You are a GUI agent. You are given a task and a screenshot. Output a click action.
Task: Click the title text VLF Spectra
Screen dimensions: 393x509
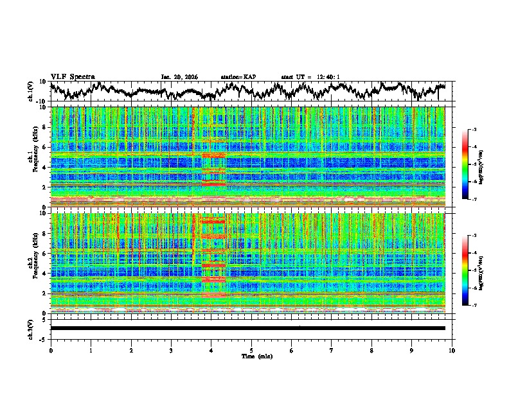[x=73, y=76]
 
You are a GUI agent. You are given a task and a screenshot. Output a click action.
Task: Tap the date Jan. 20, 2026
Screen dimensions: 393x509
[x=179, y=77]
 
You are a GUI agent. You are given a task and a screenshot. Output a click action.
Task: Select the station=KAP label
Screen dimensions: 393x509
[x=238, y=77]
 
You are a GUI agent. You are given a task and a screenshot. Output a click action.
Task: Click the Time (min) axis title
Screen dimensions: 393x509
[x=251, y=356]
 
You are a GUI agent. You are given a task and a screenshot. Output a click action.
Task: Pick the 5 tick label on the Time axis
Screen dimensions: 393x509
[x=251, y=350]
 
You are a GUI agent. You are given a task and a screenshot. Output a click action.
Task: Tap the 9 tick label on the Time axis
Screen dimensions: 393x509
[x=412, y=350]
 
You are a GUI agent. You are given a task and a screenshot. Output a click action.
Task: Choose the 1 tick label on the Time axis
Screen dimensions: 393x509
[x=91, y=350]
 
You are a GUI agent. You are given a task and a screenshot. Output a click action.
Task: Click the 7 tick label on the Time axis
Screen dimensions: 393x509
[x=332, y=350]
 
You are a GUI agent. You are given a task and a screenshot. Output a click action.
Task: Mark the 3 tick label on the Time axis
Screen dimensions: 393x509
[x=171, y=350]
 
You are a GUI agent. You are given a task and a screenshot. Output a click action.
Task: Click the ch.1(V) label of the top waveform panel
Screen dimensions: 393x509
[x=31, y=91]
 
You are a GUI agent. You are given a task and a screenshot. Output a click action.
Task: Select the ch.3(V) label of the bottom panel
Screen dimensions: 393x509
[x=31, y=328]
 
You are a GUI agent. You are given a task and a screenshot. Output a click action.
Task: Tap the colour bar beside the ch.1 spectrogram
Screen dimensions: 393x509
[x=471, y=164]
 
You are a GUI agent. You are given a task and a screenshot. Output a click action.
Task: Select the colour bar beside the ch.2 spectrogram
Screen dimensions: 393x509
[x=471, y=270]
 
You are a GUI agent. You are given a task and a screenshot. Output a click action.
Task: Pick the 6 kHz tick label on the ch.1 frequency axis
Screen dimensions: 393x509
[x=44, y=147]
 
